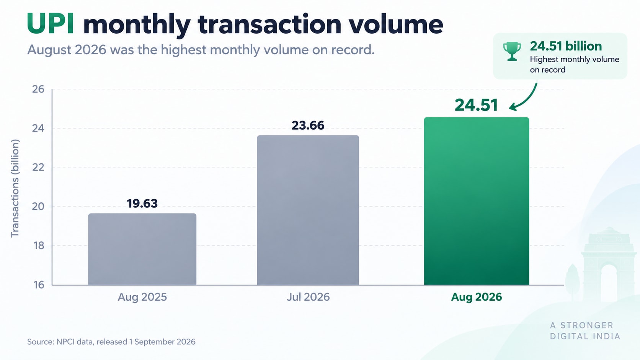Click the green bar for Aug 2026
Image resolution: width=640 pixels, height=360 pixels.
(x=476, y=201)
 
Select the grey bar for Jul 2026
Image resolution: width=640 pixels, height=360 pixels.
(x=308, y=210)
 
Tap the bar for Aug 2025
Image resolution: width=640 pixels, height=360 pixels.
(x=142, y=249)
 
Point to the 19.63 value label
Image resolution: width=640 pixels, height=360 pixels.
(x=142, y=204)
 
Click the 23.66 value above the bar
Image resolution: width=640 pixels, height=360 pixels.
(x=308, y=125)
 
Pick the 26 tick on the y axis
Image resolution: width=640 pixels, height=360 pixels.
(x=38, y=90)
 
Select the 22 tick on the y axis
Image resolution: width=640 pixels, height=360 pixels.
(x=38, y=167)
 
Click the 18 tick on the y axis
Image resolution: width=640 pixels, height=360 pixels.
(x=39, y=246)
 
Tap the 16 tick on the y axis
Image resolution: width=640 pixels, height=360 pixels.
(x=39, y=285)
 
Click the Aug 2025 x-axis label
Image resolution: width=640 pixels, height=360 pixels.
(x=142, y=297)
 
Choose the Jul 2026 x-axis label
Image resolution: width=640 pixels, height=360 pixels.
(x=308, y=297)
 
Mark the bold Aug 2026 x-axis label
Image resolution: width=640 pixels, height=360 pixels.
(x=477, y=297)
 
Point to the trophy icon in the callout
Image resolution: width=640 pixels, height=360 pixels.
(x=512, y=51)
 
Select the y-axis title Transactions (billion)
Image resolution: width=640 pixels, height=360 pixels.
(x=15, y=188)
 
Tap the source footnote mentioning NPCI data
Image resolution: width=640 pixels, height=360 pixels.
(x=111, y=342)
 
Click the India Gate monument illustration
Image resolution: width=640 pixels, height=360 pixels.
(x=609, y=264)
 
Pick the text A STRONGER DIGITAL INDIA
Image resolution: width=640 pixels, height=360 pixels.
(x=585, y=331)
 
